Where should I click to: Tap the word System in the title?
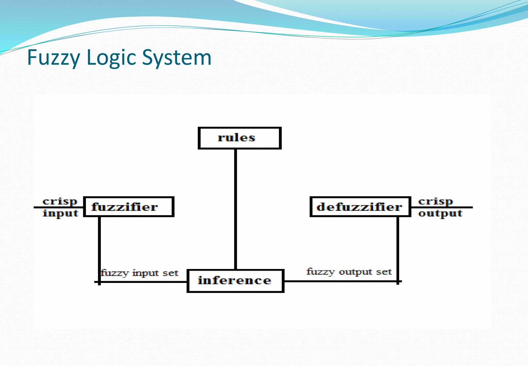click(177, 58)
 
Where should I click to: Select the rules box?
click(239, 138)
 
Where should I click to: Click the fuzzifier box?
click(129, 207)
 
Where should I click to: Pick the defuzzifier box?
click(360, 207)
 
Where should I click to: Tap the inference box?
click(235, 281)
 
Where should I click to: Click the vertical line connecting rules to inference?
click(235, 209)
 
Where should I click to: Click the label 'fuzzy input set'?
click(139, 273)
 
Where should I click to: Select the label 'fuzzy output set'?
click(349, 272)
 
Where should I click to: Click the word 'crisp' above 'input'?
click(60, 202)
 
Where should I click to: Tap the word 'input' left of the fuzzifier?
click(60, 213)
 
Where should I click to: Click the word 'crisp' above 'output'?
click(435, 202)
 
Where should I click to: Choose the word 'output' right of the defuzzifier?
click(440, 213)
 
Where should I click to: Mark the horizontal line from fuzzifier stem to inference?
click(144, 282)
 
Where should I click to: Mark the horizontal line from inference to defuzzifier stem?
click(340, 281)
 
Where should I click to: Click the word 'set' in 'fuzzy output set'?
click(384, 272)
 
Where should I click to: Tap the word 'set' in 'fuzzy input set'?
click(170, 273)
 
